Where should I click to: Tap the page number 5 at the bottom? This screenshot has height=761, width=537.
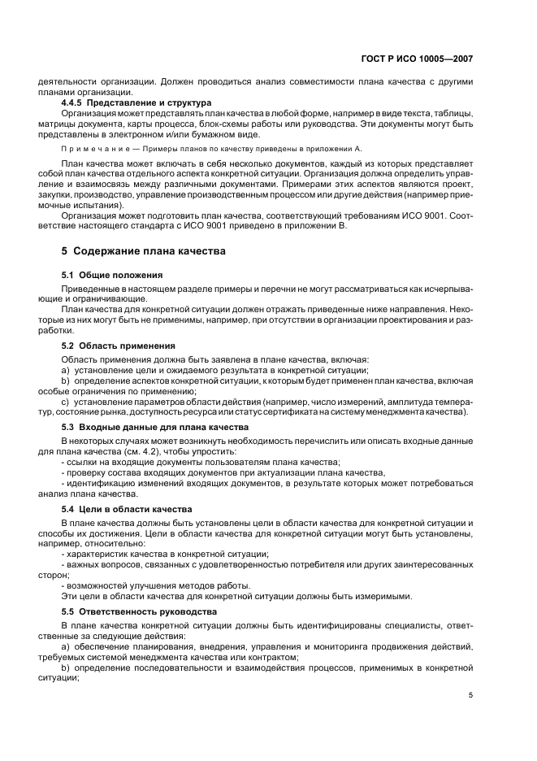click(471, 694)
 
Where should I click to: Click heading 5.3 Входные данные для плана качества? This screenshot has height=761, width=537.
click(155, 427)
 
